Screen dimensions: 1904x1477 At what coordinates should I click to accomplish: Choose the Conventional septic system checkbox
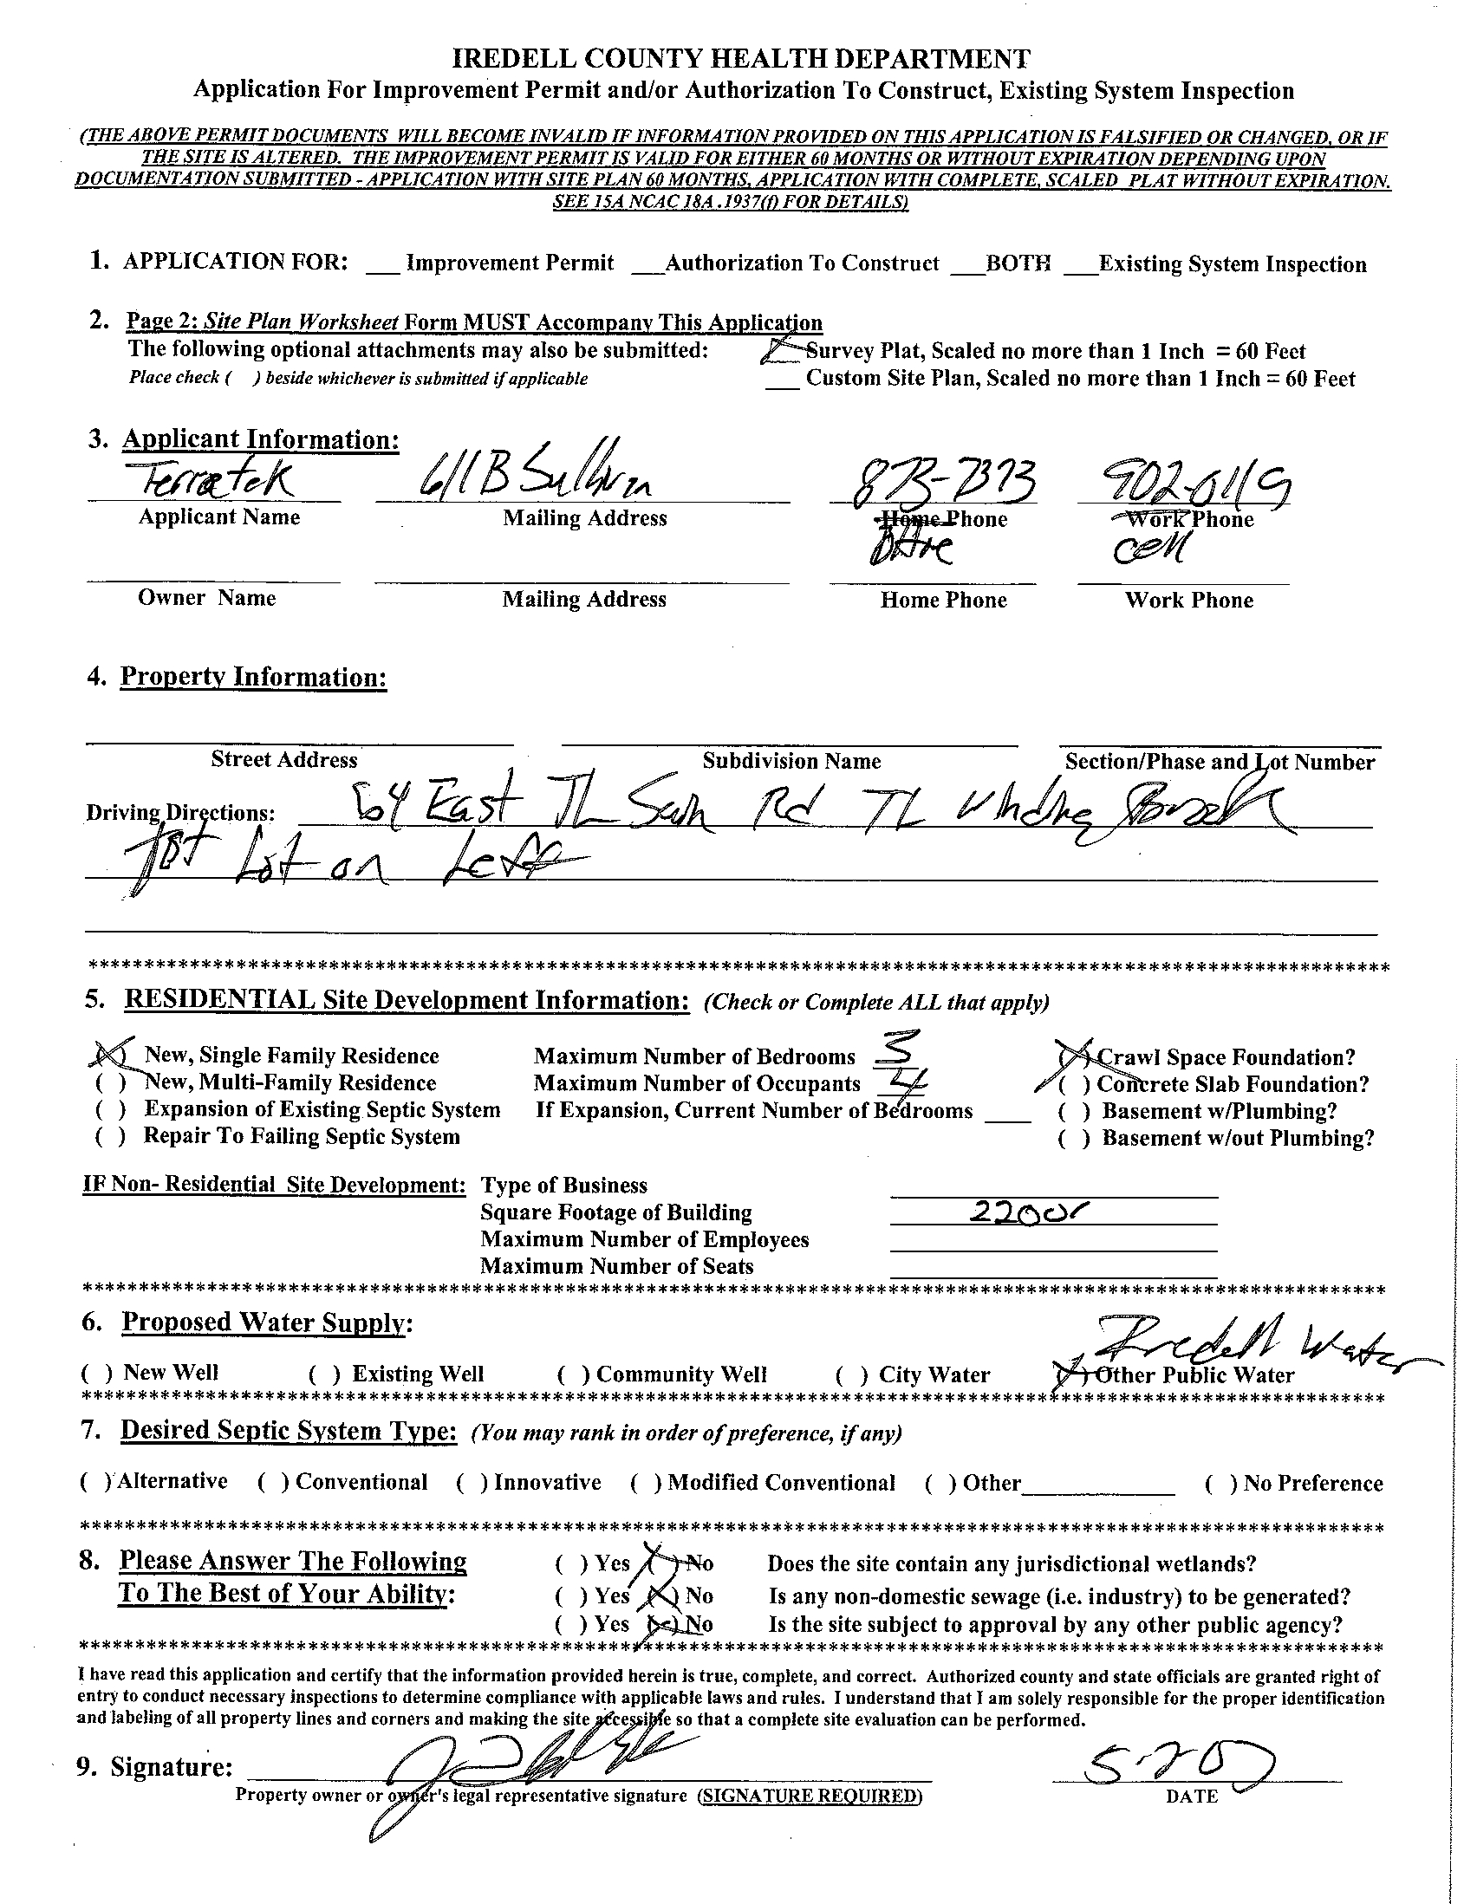tap(273, 1482)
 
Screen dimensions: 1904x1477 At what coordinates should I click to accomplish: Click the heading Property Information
tap(253, 677)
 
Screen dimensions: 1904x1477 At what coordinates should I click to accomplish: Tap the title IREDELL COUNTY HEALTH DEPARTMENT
tap(741, 59)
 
